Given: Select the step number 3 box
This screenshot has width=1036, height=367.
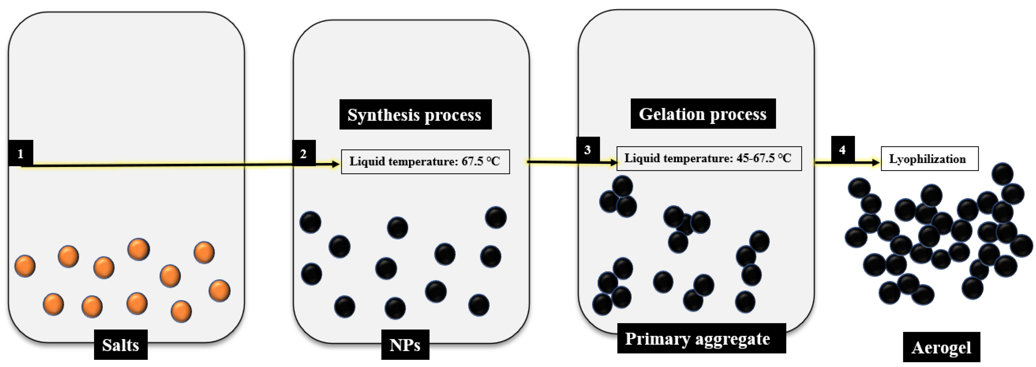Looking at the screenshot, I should tap(588, 150).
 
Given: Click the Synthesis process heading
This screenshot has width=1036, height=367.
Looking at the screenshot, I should tap(415, 115).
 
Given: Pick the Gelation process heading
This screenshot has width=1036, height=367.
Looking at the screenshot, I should tap(703, 114).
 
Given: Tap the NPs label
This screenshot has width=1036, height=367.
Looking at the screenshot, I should tap(405, 344).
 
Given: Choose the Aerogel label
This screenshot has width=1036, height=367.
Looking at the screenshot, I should tap(941, 347).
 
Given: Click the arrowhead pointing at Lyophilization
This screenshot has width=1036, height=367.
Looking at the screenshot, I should tap(876, 163).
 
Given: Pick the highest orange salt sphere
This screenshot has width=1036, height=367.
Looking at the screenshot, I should tap(138, 249).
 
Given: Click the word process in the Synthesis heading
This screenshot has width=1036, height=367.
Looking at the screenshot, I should tap(453, 115).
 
